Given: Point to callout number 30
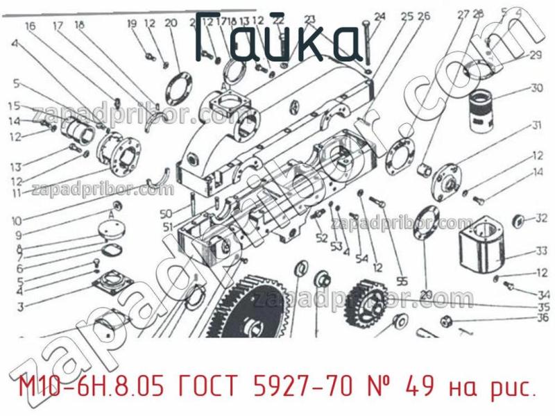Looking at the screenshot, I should pos(536,88).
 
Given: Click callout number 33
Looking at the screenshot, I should pos(541,251).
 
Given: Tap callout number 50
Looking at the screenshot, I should pos(165,213).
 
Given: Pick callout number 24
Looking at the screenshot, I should pos(379,17).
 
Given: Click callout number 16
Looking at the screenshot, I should pos(30,26).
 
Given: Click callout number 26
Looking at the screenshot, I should pos(425,17).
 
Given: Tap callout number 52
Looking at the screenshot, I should pos(321,238).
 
